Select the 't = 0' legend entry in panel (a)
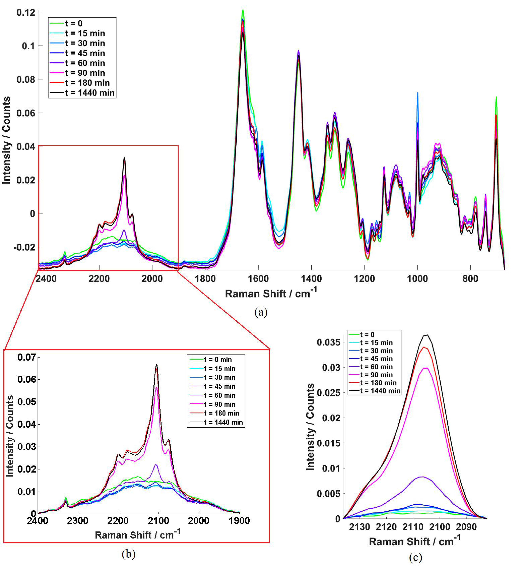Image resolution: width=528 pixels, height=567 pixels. click(74, 23)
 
